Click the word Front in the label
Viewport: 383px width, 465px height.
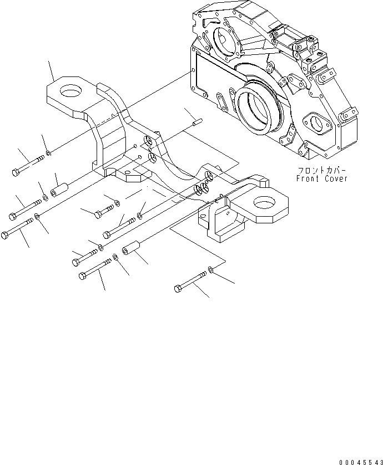(x=308, y=179)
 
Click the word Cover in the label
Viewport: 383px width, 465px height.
(x=336, y=179)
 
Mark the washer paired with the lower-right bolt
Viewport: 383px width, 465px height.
(x=211, y=270)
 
